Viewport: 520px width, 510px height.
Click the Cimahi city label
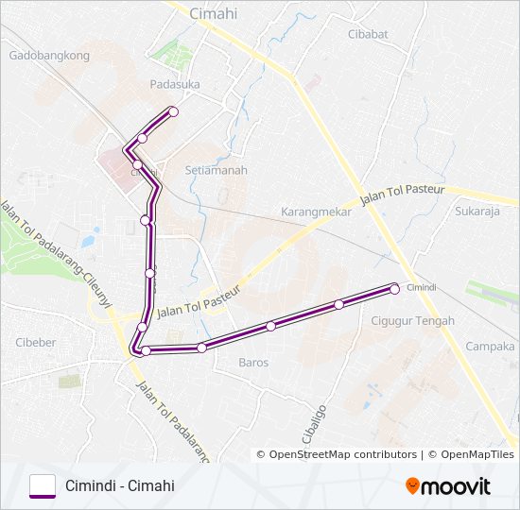pos(213,13)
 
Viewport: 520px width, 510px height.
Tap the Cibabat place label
pos(368,34)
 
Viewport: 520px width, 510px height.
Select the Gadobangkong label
pos(48,55)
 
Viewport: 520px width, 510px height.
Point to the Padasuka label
pos(175,83)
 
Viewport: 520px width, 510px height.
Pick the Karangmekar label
pos(316,212)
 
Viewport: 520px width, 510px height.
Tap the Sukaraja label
pos(477,212)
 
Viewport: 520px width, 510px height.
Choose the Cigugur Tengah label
pos(414,321)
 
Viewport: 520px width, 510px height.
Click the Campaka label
pos(490,347)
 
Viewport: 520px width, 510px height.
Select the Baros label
pos(253,362)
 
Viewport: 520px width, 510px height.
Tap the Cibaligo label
pos(318,425)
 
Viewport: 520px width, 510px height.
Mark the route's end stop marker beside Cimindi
pos(394,290)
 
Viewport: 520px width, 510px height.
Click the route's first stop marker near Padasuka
pos(173,112)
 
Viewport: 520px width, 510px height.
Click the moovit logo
pos(448,486)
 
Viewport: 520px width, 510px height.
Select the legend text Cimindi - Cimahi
pos(120,486)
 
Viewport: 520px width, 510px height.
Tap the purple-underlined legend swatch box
pos(43,485)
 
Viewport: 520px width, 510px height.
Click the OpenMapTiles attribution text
pos(472,454)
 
